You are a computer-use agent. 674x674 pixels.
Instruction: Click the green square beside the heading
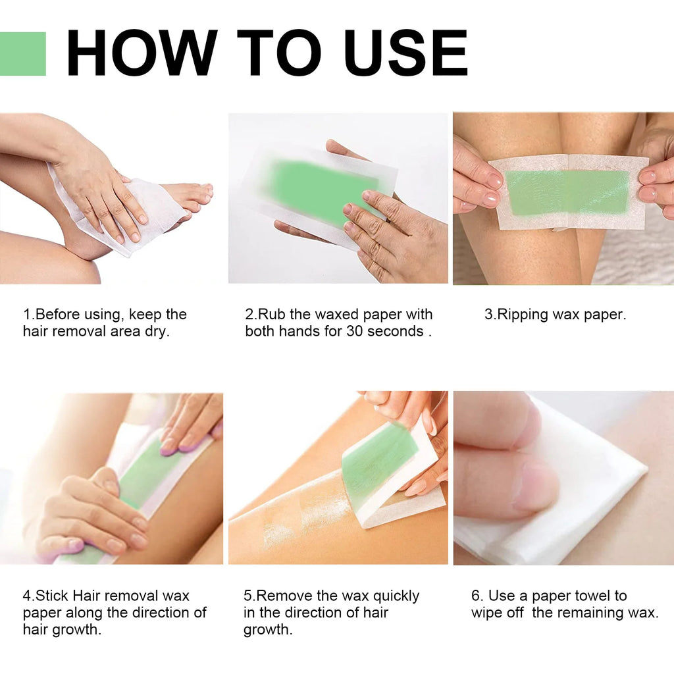(22, 53)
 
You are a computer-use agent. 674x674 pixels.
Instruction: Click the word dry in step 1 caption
(157, 332)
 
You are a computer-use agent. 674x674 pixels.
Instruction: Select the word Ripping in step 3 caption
(524, 315)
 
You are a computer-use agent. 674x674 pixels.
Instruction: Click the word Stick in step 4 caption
(52, 596)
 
